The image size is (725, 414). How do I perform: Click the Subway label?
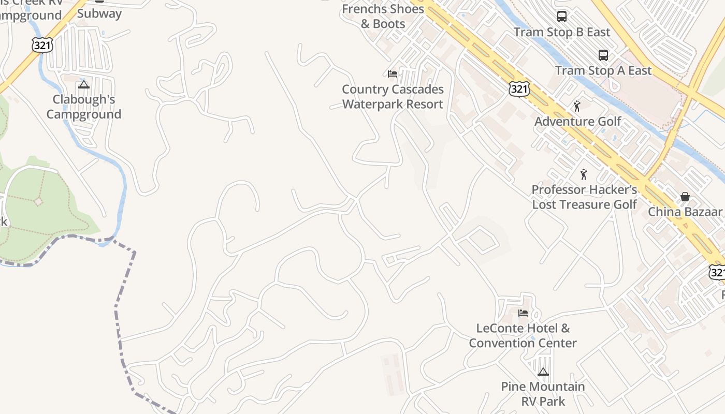pyautogui.click(x=99, y=13)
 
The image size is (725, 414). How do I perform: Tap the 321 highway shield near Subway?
pyautogui.click(x=42, y=45)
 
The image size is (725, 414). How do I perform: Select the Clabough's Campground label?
pyautogui.click(x=84, y=107)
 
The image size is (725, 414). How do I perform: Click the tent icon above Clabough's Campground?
pyautogui.click(x=84, y=84)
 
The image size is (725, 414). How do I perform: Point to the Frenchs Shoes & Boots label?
pyautogui.click(x=383, y=16)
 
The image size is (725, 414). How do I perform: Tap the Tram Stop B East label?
pyautogui.click(x=562, y=32)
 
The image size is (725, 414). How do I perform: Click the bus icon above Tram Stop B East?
pyautogui.click(x=562, y=17)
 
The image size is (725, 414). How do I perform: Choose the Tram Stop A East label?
pyautogui.click(x=603, y=70)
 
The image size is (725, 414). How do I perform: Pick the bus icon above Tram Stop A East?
pyautogui.click(x=603, y=55)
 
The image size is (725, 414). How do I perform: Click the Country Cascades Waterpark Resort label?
pyautogui.click(x=393, y=97)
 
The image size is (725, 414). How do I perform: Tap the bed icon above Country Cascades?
pyautogui.click(x=393, y=74)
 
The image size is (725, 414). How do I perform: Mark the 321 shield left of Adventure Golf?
pyautogui.click(x=519, y=89)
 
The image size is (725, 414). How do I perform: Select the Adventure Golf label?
pyautogui.click(x=577, y=122)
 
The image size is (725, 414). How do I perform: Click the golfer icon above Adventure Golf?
pyautogui.click(x=577, y=106)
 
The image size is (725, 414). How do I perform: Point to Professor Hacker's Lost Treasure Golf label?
pyautogui.click(x=584, y=197)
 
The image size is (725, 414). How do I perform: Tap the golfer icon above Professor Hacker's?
pyautogui.click(x=584, y=174)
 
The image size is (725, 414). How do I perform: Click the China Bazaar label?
pyautogui.click(x=685, y=212)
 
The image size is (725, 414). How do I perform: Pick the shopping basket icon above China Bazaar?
pyautogui.click(x=685, y=196)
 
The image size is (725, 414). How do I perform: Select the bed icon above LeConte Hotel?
pyautogui.click(x=523, y=313)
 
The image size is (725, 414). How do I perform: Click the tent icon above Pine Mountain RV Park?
pyautogui.click(x=543, y=372)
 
